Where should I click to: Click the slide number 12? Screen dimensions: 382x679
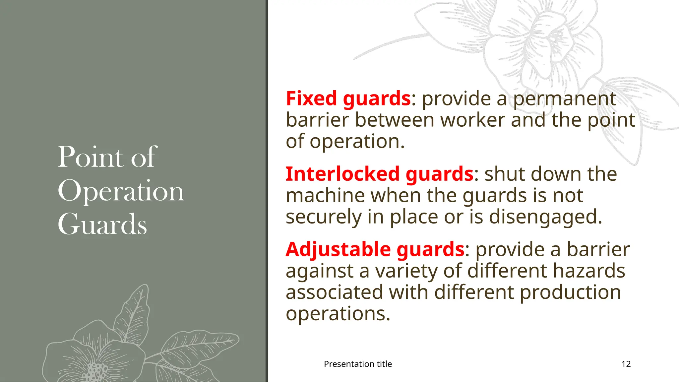[626, 364]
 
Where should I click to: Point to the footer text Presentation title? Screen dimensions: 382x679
[358, 364]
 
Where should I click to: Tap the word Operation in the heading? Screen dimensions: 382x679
[121, 191]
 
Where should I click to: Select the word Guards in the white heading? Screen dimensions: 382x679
[102, 224]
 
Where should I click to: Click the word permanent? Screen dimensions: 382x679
[565, 98]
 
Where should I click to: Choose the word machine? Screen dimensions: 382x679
[325, 195]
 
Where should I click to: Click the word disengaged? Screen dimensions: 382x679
[545, 217]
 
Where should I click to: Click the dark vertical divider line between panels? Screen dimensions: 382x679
[267, 191]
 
